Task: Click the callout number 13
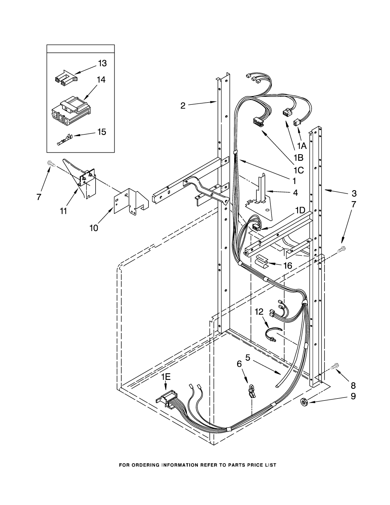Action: [x=102, y=63]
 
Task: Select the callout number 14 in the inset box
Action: [x=101, y=80]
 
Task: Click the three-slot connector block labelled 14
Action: [x=70, y=112]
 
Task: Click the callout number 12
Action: [x=259, y=312]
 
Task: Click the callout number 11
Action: [x=63, y=211]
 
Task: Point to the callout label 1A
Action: [x=302, y=146]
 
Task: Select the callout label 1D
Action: [x=300, y=210]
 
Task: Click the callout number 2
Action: [x=183, y=106]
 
